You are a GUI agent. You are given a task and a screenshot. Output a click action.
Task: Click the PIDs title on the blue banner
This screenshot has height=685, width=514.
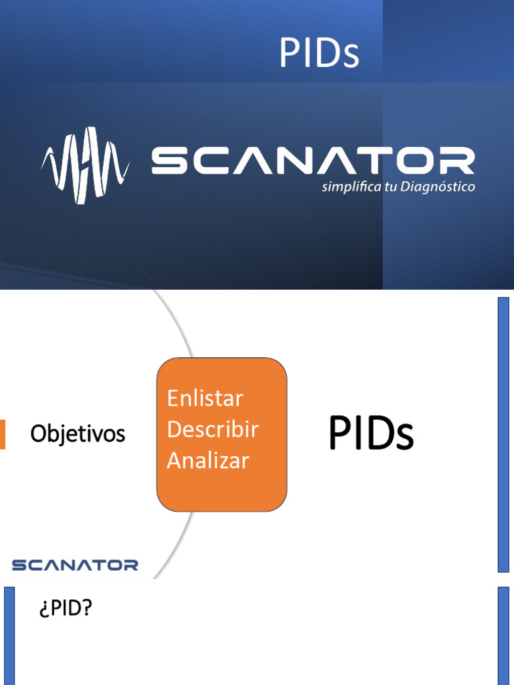coord(319,54)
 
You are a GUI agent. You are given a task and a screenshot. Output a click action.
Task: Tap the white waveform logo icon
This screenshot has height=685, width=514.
coord(84,165)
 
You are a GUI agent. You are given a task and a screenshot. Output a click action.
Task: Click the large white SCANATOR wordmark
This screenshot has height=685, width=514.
coord(313,161)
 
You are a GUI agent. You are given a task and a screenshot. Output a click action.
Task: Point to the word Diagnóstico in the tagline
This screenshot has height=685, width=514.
coord(438,187)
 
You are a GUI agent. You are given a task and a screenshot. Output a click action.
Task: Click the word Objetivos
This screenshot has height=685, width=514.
coord(78,435)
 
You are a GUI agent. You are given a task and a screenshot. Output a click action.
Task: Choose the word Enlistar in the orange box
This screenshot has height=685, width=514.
coord(205,399)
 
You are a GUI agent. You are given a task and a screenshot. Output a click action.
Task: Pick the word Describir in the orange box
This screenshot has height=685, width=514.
coord(212,429)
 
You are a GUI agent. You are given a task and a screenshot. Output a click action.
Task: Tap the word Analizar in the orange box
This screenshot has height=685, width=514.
coord(207,460)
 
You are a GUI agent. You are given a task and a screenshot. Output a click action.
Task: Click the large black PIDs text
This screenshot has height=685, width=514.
coord(371,433)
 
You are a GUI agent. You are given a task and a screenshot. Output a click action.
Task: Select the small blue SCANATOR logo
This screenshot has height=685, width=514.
coord(75,565)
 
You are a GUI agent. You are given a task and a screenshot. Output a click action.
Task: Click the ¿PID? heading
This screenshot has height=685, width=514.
coord(64,610)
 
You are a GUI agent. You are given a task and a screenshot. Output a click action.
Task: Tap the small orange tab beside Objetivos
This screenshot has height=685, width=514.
coord(3,434)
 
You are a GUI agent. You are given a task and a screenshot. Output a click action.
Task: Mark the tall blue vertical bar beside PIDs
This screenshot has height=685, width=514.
coord(503,435)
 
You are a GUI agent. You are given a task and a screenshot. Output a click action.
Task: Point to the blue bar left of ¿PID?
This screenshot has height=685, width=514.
coord(9,635)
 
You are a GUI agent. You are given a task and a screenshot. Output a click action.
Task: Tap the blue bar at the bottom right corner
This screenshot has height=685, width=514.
coord(503,635)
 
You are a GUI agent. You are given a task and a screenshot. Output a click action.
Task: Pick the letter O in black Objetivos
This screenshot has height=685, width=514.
coord(39,435)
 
